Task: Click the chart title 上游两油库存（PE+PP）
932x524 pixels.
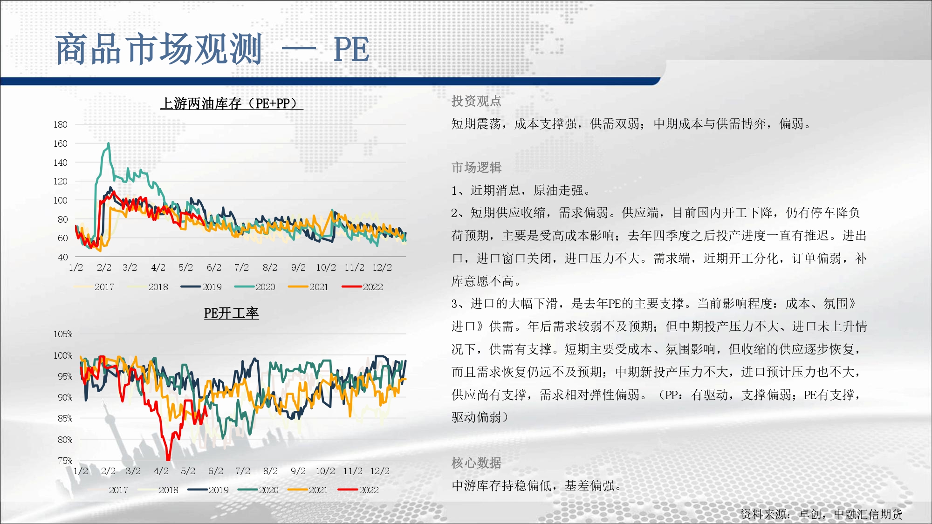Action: [x=232, y=103]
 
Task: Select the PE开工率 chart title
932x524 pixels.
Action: [x=231, y=313]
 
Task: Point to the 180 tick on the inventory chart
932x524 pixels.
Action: [x=60, y=124]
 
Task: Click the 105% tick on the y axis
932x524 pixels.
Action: [x=63, y=334]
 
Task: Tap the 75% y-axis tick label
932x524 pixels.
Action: [x=65, y=461]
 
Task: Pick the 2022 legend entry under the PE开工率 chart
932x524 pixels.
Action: [x=358, y=490]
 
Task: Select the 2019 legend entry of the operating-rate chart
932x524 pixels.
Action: [x=208, y=490]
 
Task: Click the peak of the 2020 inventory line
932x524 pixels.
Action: [x=109, y=143]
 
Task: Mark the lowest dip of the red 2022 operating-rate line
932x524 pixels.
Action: [x=168, y=458]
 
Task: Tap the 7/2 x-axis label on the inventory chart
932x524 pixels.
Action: [x=241, y=267]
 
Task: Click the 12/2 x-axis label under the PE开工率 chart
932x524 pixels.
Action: [x=380, y=471]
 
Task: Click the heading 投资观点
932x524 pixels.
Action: [x=476, y=101]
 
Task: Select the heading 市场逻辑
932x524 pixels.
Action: [x=476, y=168]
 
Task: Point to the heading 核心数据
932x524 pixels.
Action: [x=476, y=463]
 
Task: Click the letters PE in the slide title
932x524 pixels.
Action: [x=352, y=49]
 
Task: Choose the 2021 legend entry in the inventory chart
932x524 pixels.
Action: [x=308, y=287]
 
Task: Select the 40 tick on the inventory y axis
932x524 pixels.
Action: [x=63, y=257]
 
